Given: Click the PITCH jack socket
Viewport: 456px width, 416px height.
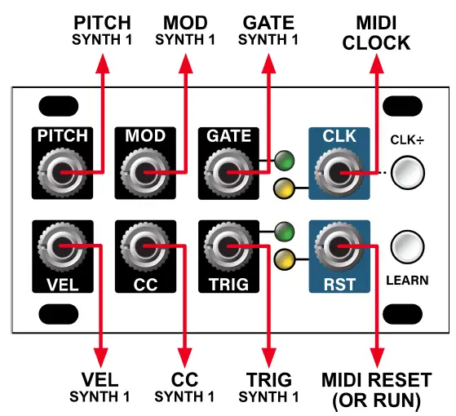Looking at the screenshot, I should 60,172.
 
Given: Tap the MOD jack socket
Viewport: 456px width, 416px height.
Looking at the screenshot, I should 144,172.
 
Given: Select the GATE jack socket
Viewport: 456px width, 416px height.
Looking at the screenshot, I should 226,172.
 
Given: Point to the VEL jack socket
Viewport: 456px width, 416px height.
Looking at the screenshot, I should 60,244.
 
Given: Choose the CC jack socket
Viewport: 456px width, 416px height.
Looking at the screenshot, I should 144,244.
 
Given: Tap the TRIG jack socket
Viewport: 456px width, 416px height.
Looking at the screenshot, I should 226,244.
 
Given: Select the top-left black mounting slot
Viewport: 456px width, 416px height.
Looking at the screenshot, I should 55,106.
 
